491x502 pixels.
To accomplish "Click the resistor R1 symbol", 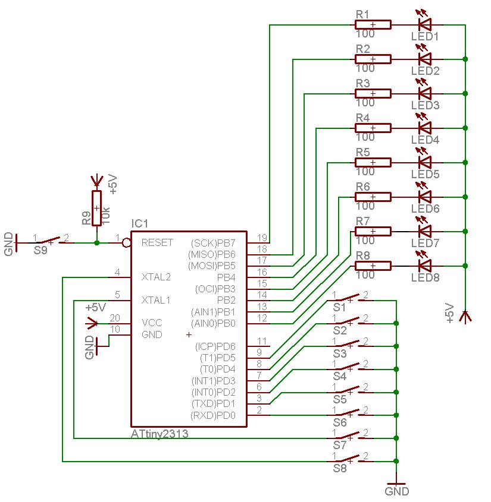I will point(373,24).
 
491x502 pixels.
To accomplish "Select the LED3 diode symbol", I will point(425,93).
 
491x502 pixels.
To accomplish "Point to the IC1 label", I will point(140,223).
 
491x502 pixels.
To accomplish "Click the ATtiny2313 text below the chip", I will point(160,434).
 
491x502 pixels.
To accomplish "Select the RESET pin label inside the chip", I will point(157,242).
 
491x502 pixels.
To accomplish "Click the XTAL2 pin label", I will point(156,277).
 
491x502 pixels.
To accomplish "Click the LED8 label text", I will point(425,277).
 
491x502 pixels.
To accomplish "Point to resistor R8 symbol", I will point(373,266).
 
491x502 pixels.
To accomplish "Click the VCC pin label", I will point(152,323).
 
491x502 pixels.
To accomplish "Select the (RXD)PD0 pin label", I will point(213,415).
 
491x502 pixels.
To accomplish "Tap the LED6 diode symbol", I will point(425,197).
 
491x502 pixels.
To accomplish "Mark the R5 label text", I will point(362,152).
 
